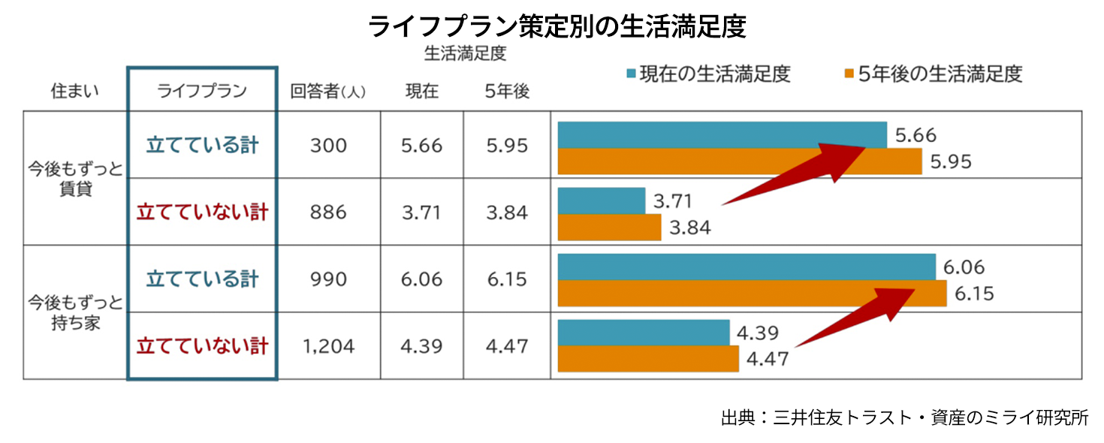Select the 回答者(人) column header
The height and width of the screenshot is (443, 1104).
coord(328,92)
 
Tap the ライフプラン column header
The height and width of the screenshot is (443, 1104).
coord(201,92)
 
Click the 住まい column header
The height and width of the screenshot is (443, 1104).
coord(75,92)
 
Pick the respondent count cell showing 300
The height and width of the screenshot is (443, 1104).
coord(328,145)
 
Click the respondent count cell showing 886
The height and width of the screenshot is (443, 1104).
coord(328,212)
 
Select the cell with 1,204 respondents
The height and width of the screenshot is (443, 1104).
coord(328,347)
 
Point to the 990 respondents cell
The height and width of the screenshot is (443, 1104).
coord(328,279)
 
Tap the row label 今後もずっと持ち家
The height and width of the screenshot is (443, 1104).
coord(75,313)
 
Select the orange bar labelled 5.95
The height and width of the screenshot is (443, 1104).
coord(740,161)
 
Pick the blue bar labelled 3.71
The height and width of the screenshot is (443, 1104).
coord(602,200)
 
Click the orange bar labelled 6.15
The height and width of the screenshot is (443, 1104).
coord(752,294)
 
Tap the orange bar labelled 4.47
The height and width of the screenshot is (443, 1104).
coord(648,359)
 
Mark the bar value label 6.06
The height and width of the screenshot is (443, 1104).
coord(964,267)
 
